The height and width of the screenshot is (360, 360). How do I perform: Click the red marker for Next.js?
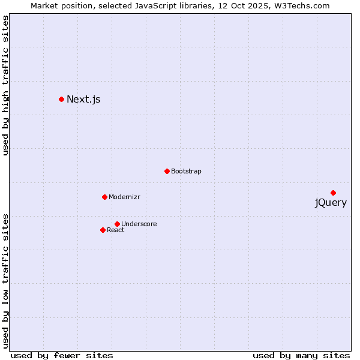tap(61, 99)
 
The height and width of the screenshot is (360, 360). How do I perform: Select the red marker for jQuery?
tap(333, 193)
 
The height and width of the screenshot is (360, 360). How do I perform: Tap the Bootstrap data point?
tap(167, 171)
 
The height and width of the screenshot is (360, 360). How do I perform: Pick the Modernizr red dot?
tap(104, 197)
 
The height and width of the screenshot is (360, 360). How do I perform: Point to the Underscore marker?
tap(117, 224)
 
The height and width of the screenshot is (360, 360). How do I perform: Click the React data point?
tap(103, 230)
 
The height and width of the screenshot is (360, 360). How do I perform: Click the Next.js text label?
tap(83, 99)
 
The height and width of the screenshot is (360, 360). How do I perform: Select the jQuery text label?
tap(331, 203)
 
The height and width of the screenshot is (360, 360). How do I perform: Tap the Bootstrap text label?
tap(186, 171)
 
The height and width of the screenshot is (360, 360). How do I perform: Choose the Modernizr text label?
tap(124, 197)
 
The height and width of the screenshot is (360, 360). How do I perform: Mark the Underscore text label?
tap(139, 224)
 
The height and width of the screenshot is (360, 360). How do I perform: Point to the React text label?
tap(116, 230)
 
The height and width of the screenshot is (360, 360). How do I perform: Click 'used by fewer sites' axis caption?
tap(62, 355)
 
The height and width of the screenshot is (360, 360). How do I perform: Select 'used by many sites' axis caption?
tap(301, 355)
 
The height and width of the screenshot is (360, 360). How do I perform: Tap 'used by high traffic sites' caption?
tap(5, 85)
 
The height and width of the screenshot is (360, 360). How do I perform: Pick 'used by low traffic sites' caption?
tap(5, 280)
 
